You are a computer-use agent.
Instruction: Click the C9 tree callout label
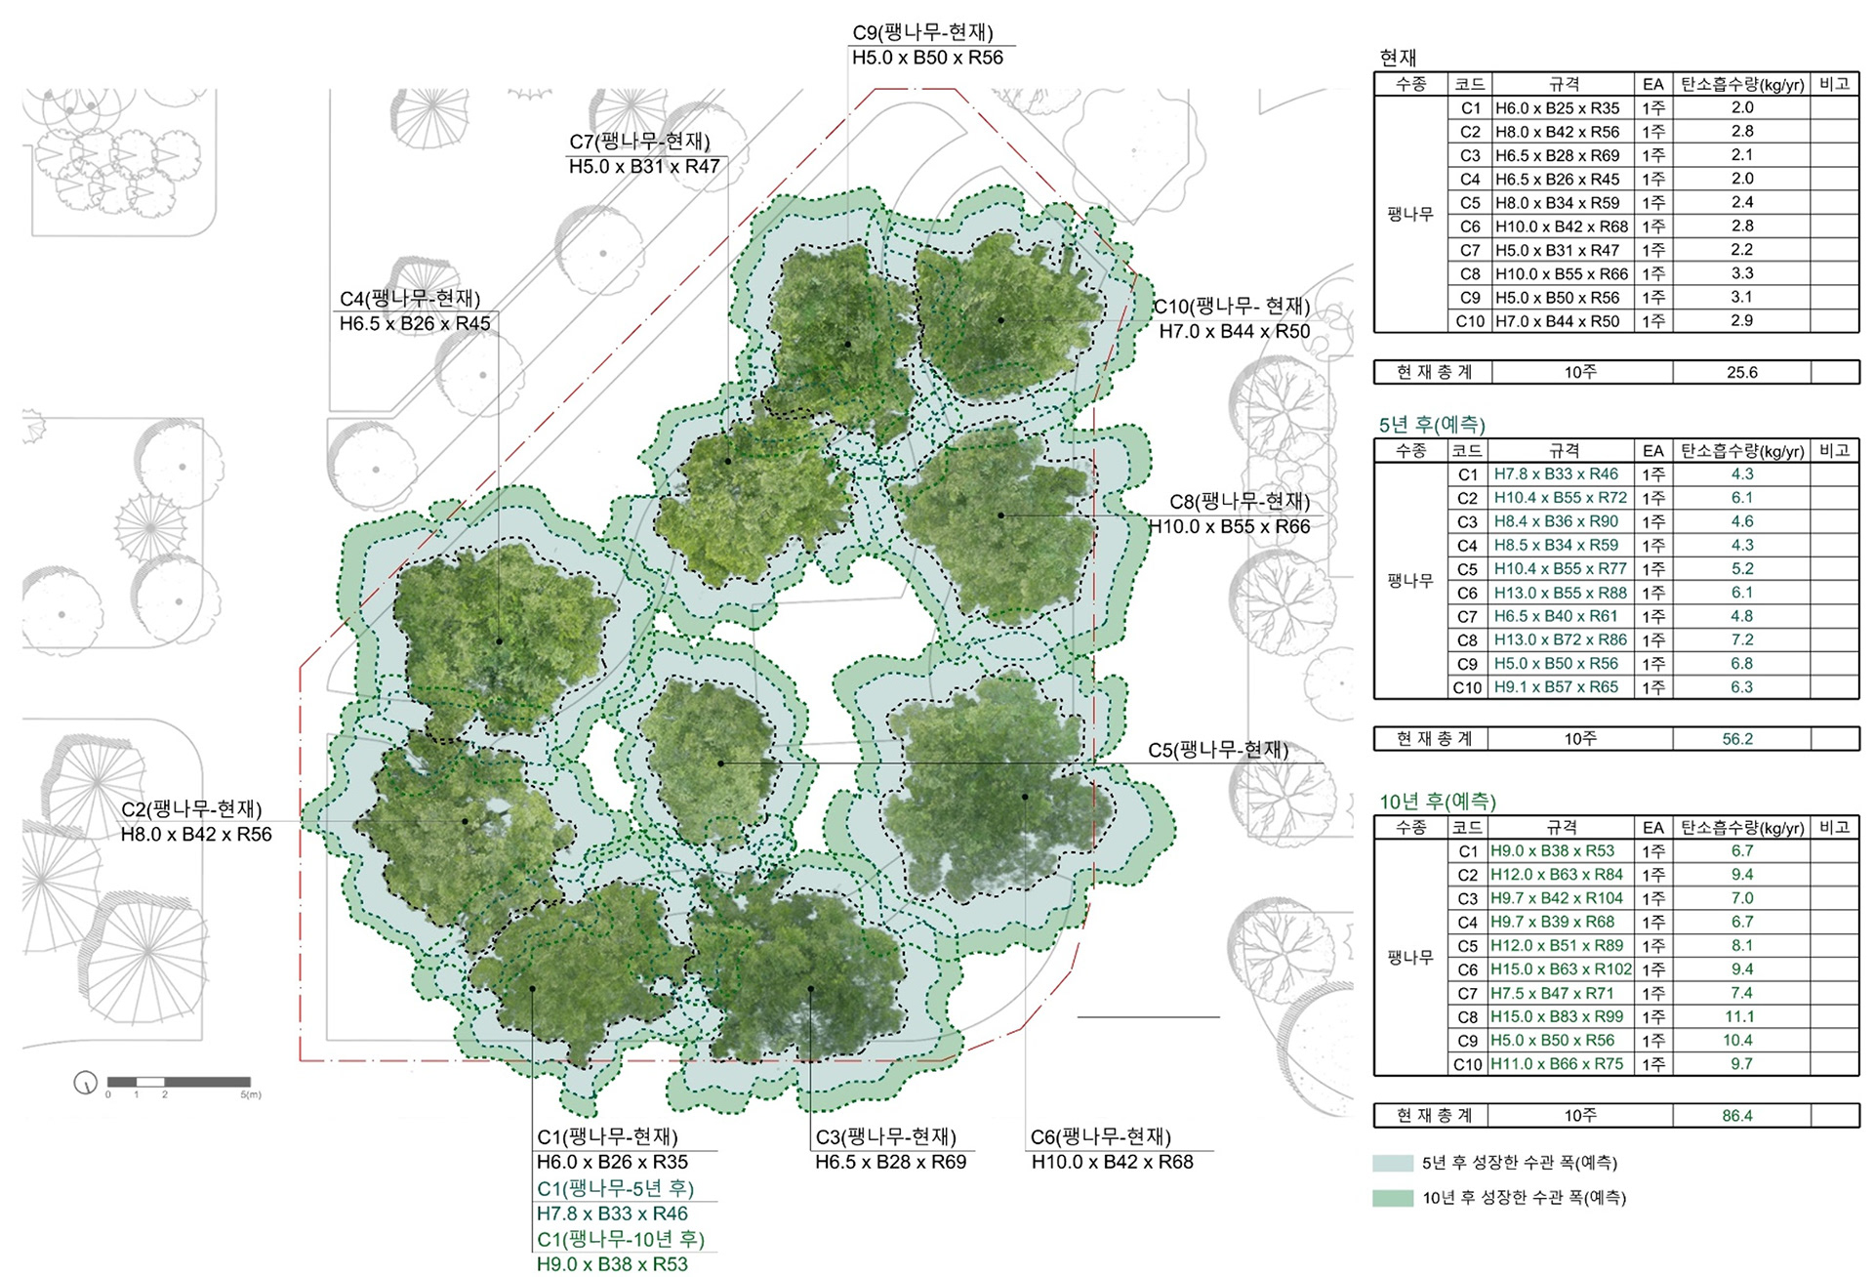tap(922, 32)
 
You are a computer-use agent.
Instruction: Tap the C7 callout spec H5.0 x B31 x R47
tap(644, 167)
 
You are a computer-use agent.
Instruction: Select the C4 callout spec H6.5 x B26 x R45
tap(415, 323)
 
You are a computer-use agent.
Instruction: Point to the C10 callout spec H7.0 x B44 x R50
tap(1235, 332)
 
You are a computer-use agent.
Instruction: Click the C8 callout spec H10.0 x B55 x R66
tap(1229, 527)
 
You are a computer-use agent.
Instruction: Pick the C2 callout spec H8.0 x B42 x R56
tap(196, 835)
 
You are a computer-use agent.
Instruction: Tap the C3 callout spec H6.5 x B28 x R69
tap(891, 1162)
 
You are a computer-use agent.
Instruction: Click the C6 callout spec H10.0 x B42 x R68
tap(1113, 1162)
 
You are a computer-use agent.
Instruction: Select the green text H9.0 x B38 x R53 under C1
tap(612, 1264)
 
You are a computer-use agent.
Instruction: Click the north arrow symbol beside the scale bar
tap(86, 1082)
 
